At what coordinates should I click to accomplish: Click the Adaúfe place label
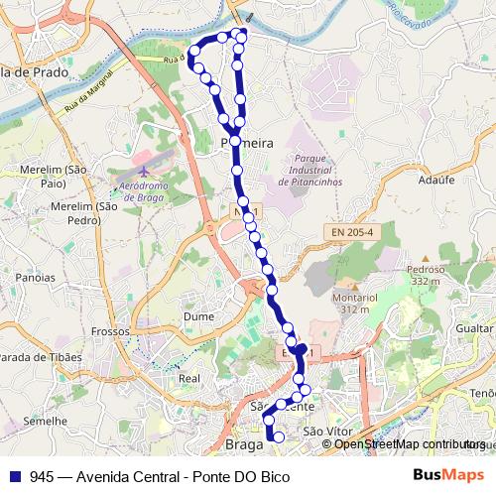436,181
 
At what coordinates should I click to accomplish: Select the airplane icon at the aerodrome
143,171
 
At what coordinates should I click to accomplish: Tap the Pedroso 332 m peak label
425,275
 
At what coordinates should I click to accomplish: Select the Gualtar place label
475,326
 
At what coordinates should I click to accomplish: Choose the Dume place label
198,316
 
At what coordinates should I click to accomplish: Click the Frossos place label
109,331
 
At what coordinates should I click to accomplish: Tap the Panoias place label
36,278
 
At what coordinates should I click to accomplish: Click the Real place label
188,378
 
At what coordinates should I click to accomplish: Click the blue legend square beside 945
13,476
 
